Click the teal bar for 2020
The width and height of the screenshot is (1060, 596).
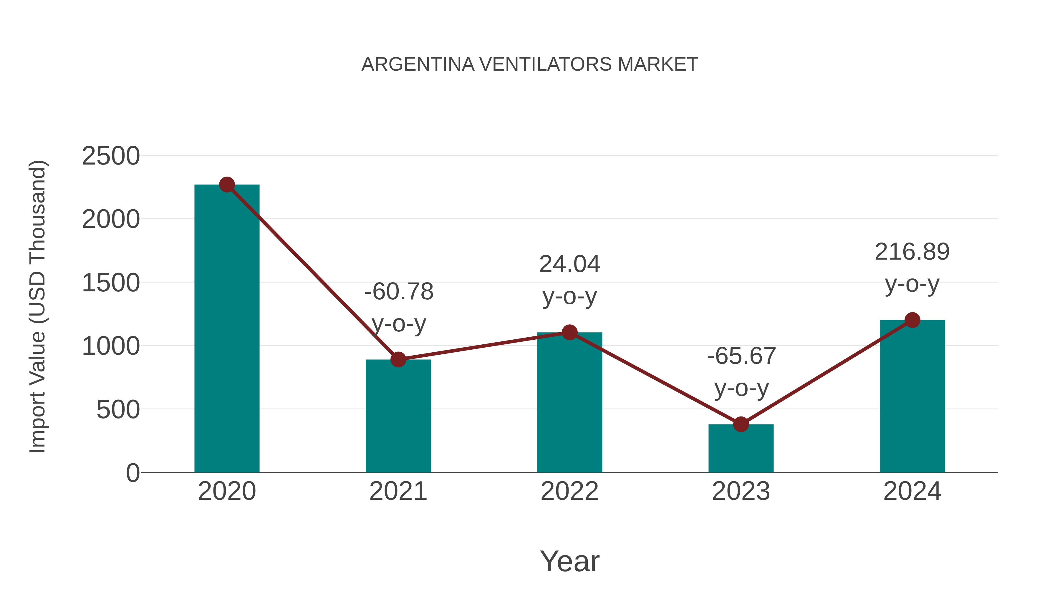(x=227, y=329)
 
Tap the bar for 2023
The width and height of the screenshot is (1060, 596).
(x=741, y=448)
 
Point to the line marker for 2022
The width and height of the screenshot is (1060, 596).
(x=569, y=332)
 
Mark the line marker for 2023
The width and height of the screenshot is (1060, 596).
(x=741, y=424)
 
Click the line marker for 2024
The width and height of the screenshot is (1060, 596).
(x=912, y=320)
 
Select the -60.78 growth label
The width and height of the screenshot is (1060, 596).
(x=399, y=292)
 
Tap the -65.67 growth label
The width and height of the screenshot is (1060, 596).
(x=741, y=356)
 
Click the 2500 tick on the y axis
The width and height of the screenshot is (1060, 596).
(x=111, y=156)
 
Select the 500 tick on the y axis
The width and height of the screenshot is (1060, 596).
(x=118, y=410)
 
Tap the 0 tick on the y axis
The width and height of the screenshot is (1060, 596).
(x=133, y=473)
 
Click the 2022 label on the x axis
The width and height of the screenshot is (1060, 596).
(x=569, y=491)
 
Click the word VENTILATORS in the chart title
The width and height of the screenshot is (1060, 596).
(x=545, y=64)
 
